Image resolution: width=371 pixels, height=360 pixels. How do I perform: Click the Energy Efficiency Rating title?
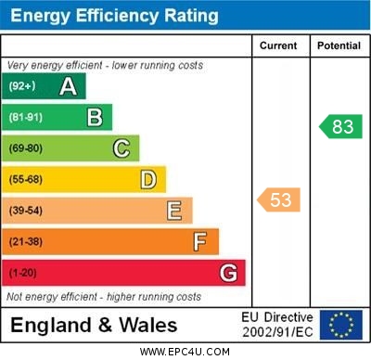pos(114,16)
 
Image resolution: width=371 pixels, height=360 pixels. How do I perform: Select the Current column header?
pos(278,45)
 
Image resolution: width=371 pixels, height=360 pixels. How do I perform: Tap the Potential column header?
pos(339,45)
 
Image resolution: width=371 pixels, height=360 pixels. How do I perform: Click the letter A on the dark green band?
pos(68,87)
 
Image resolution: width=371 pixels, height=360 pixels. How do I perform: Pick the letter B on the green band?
pos(95,118)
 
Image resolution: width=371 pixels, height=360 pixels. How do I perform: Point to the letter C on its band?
pos(122,148)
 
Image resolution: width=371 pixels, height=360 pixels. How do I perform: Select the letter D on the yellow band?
pos(148,179)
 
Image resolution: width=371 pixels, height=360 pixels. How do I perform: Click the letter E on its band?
pos(174,211)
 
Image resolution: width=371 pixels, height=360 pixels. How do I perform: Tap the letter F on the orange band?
pos(200,242)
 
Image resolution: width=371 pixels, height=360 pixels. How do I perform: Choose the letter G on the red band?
pos(228,273)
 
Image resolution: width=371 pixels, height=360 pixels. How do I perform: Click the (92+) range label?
pos(22,87)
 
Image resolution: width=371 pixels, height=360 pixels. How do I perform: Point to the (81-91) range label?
pos(26,118)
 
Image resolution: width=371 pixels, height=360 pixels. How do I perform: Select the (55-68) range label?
pos(26,179)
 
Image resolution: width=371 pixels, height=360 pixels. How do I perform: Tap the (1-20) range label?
pos(23,273)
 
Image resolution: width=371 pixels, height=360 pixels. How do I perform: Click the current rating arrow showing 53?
pos(278,199)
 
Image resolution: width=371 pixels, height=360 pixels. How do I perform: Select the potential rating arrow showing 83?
pos(339,127)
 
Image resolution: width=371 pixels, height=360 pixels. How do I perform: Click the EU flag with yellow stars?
pos(340,325)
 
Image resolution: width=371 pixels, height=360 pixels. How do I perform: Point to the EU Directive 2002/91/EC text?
pos(278,325)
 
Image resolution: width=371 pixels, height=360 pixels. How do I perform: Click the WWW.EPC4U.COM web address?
pos(185,352)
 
